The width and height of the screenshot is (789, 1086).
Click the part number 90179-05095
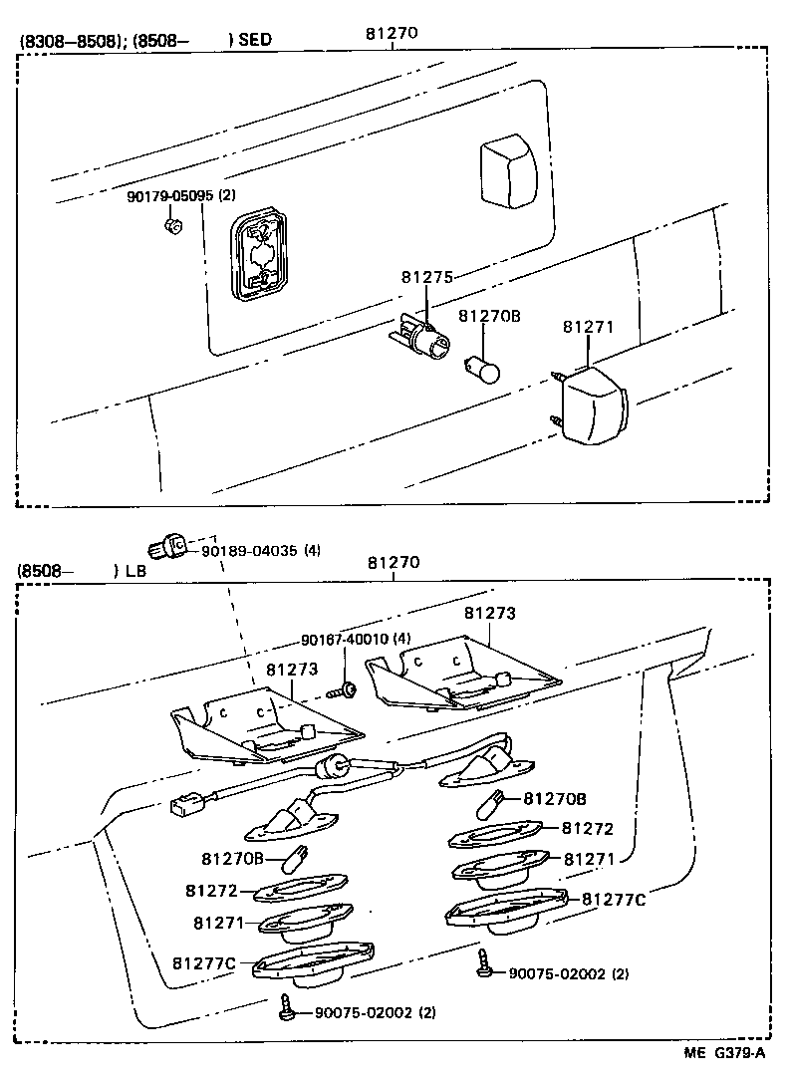[169, 196]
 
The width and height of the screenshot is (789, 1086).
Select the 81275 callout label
[427, 277]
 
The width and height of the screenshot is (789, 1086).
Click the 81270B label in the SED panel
[489, 317]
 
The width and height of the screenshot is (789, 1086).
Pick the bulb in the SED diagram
[482, 368]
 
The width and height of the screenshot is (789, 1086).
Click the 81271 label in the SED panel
[589, 327]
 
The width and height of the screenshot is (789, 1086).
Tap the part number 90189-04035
[249, 550]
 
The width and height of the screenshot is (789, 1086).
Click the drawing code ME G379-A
[724, 1053]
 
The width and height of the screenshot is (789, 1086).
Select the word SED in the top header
[255, 41]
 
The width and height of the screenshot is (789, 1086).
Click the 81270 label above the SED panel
[391, 33]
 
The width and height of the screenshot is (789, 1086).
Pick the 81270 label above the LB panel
[394, 563]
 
